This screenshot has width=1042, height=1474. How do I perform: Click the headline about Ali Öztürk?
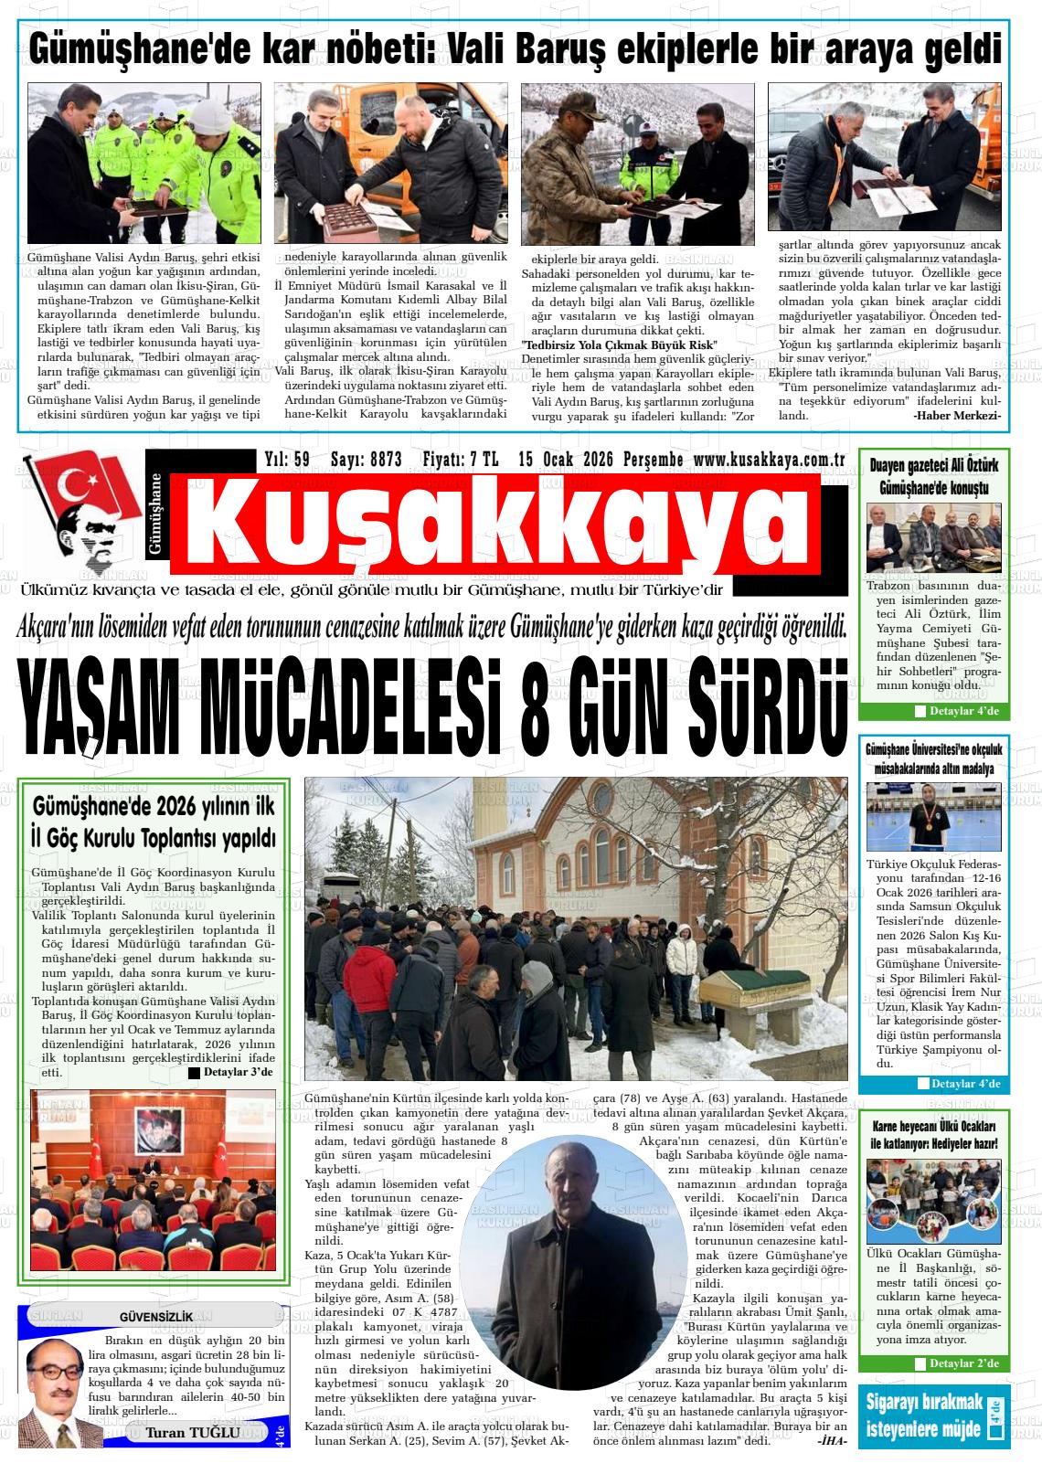pyautogui.click(x=933, y=478)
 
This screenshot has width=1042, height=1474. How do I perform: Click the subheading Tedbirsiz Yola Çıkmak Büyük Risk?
pyautogui.click(x=618, y=345)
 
